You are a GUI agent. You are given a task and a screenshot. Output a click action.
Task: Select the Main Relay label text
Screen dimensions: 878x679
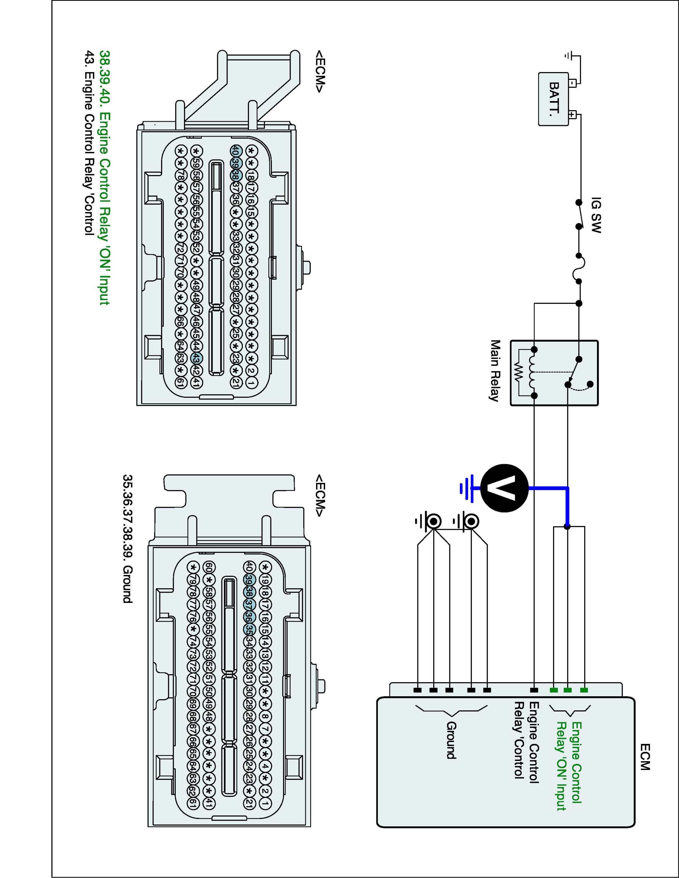[x=495, y=371]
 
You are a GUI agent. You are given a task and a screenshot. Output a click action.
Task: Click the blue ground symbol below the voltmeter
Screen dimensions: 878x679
[x=467, y=488]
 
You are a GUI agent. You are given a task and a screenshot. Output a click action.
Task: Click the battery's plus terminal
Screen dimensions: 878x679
[x=573, y=114]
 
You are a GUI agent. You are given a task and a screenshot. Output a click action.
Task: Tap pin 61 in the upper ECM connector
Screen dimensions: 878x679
[x=181, y=383]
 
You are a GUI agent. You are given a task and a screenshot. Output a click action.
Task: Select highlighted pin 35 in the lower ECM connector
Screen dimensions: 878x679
[x=249, y=628]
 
